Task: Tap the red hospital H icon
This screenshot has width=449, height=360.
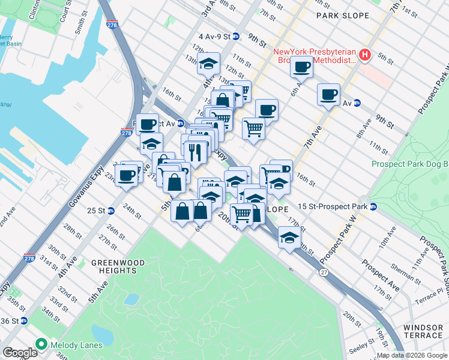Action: point(364,56)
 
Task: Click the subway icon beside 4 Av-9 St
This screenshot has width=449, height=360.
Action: point(237,37)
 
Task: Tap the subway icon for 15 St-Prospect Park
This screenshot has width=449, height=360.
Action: point(373,207)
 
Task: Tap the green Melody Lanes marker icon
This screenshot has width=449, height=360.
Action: point(41,344)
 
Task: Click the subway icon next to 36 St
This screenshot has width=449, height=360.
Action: point(23,320)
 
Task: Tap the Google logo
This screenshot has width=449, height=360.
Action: point(19,352)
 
